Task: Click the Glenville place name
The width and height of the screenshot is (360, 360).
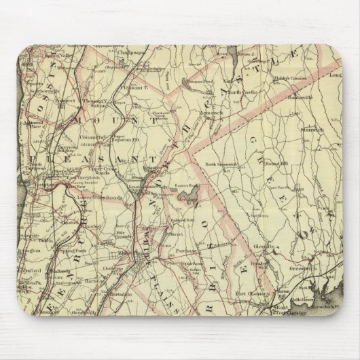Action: pyautogui.click(x=262, y=247)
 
